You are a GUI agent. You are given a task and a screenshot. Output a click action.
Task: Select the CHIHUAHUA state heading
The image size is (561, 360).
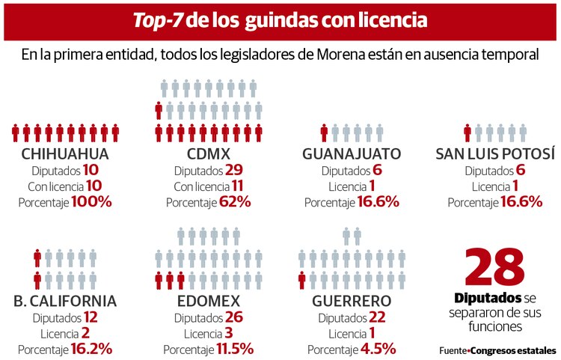[x=66, y=154]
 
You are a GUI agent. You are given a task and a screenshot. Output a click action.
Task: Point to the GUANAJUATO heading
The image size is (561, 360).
[x=351, y=154]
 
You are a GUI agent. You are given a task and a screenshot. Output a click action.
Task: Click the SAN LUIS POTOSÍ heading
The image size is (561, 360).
[x=495, y=154]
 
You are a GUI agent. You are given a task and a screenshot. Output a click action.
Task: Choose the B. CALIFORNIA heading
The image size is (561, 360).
[x=65, y=301]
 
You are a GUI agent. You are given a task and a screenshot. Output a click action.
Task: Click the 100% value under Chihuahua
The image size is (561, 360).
[x=91, y=201]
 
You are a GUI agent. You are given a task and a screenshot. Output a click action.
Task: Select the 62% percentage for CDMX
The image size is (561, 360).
[x=234, y=201]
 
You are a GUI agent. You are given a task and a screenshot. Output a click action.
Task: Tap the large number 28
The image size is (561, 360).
[x=494, y=266]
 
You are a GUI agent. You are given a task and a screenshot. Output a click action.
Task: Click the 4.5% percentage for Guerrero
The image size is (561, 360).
[x=377, y=348]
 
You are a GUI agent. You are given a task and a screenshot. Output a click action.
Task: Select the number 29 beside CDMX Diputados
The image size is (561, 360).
[x=234, y=170]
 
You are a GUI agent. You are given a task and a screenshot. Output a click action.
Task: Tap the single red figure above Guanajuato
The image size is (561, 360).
[x=324, y=133]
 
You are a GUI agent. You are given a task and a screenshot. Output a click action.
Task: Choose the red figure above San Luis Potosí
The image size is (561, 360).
[x=467, y=133]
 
